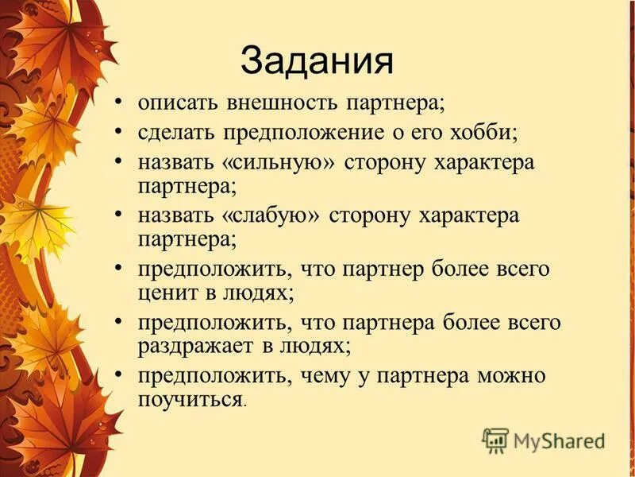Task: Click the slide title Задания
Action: pyautogui.click(x=317, y=60)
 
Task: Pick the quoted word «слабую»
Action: pyautogui.click(x=277, y=215)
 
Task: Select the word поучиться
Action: pyautogui.click(x=190, y=397)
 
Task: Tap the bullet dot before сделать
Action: pyautogui.click(x=119, y=132)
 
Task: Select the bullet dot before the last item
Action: pyautogui.click(x=119, y=374)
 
